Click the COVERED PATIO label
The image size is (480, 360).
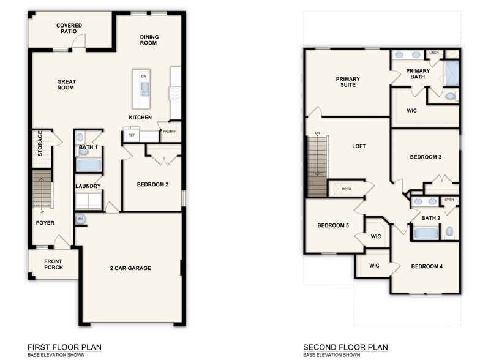(69, 28)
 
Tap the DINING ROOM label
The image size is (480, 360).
(149, 40)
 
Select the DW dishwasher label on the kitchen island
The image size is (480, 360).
(143, 76)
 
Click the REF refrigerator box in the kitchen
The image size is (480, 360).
(131, 135)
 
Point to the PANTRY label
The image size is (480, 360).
(169, 131)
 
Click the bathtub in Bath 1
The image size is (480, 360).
(89, 165)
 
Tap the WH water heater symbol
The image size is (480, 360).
(81, 219)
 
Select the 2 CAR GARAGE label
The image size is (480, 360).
(130, 268)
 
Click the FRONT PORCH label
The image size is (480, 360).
(53, 264)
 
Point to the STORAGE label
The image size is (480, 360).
(40, 143)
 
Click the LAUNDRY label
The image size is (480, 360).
(88, 186)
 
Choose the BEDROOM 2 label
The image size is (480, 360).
(152, 184)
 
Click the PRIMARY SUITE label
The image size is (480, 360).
(347, 81)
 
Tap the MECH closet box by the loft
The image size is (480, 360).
(346, 189)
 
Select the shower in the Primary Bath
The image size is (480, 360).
(452, 73)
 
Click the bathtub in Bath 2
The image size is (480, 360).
(426, 233)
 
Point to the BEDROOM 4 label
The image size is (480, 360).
(427, 266)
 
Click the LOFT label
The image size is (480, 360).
(359, 146)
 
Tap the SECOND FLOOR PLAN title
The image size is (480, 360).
(345, 347)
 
